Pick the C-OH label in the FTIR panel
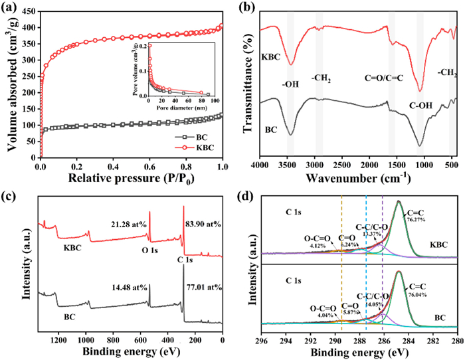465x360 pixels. pos(420,105)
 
